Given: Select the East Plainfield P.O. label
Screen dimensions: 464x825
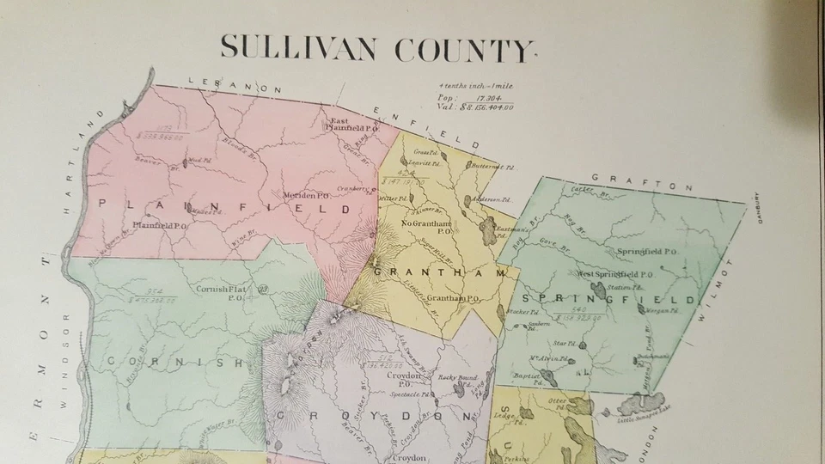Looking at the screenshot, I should coord(349,125).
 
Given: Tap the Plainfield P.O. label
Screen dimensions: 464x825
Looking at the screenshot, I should coord(160,226).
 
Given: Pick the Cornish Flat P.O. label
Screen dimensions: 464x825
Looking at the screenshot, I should coord(226,293).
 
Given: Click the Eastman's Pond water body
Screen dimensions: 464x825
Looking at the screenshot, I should coord(488,229).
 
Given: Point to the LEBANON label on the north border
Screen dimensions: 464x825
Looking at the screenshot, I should coord(235,85).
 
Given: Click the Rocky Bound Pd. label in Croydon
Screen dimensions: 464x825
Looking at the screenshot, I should coord(457,378).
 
